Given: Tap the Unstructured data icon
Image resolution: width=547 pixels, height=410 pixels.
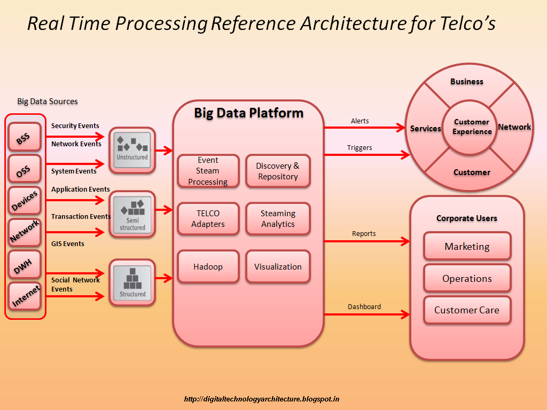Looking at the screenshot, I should tap(132, 150).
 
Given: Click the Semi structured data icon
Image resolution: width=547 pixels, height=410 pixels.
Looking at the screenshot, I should tap(132, 214).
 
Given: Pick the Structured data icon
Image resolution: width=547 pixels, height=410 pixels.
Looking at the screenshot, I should tap(132, 282).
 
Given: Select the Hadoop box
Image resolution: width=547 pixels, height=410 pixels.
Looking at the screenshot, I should tap(208, 266).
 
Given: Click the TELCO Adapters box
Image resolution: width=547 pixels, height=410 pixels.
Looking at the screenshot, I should tap(208, 218).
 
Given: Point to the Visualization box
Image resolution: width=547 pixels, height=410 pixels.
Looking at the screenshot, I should tap(278, 266).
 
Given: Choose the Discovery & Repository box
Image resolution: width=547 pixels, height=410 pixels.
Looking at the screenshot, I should tap(278, 171).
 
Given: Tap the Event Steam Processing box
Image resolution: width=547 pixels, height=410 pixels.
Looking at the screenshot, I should tap(208, 171).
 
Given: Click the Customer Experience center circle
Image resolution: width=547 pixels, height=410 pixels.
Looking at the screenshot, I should tap(472, 127).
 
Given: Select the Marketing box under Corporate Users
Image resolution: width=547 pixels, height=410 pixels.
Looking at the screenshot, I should tap(467, 246).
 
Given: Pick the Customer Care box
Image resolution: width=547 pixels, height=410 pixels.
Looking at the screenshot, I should tap(467, 310).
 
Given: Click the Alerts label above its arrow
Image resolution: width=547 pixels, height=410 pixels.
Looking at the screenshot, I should tap(360, 121).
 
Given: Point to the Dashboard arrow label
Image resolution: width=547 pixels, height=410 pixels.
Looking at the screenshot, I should tap(364, 306).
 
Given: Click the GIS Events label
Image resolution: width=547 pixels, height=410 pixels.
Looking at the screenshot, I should tap(68, 244).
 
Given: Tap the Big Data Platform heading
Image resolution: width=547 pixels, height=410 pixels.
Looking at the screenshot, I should tap(248, 113).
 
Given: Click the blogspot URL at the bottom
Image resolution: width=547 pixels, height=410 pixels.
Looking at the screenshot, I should tap(262, 399).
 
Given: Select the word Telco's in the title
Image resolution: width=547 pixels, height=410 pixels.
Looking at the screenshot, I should tap(463, 23).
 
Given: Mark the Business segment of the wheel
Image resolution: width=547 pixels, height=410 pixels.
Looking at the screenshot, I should tap(467, 82).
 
